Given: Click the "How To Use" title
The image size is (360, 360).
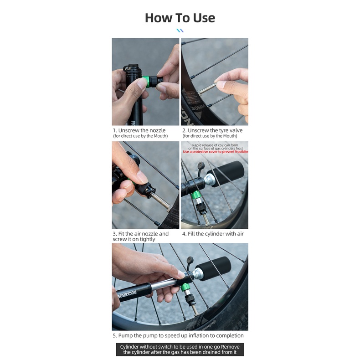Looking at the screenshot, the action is (x=180, y=18).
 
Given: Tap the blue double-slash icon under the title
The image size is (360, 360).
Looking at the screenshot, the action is (x=180, y=31).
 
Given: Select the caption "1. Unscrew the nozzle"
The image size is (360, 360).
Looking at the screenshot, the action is (x=139, y=130).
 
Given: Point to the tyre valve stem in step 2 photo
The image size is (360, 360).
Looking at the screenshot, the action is (x=206, y=89).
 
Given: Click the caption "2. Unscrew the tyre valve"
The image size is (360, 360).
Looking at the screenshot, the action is (x=212, y=130).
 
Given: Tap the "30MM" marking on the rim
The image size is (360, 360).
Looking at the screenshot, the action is (x=198, y=108).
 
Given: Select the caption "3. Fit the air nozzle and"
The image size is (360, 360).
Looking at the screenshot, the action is (x=140, y=234).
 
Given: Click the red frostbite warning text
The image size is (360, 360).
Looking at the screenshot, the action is (x=216, y=152).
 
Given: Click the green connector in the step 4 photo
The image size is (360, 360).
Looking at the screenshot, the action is (x=196, y=195).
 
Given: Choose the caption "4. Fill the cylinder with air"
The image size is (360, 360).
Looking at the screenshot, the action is (x=213, y=234).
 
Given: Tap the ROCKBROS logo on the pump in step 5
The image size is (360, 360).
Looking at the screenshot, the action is (x=127, y=294).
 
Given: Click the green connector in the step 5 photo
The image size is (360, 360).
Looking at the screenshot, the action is (x=185, y=287).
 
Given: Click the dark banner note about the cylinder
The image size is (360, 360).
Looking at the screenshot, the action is (x=180, y=350).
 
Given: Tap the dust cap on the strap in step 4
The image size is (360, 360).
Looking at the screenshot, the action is (x=201, y=165).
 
